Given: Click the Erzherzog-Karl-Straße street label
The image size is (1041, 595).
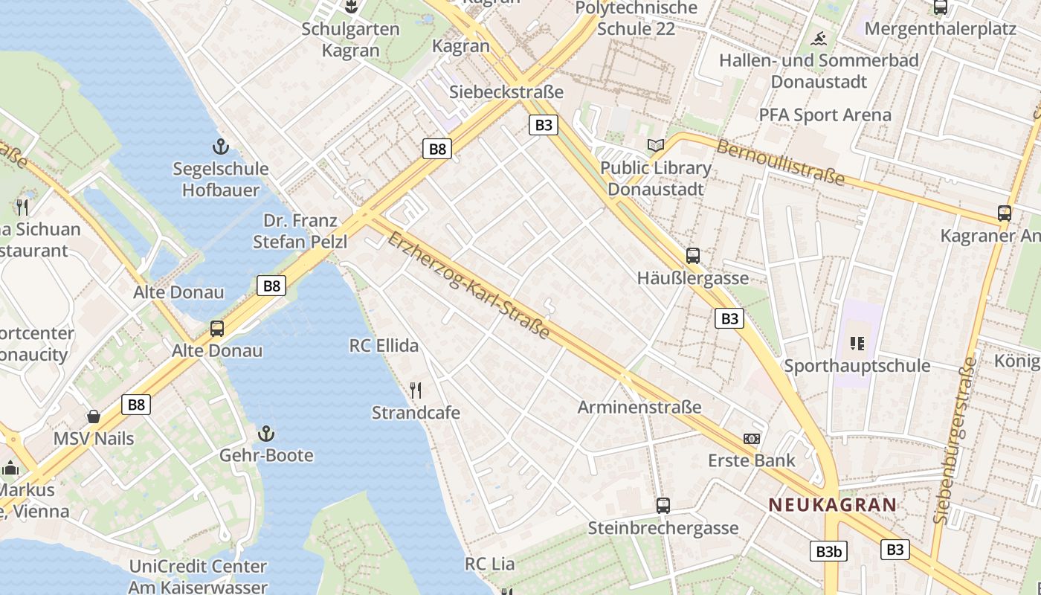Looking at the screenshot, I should [468, 286].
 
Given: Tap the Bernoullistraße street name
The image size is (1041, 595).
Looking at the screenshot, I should [781, 161].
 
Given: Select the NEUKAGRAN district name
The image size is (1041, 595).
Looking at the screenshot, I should [832, 505].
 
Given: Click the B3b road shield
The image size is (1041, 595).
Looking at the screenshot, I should [828, 551].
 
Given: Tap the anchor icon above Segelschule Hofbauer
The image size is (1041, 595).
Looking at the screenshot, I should [220, 146].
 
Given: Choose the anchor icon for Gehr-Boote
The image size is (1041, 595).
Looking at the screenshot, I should [265, 433].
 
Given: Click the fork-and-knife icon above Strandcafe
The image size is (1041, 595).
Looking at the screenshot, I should [416, 390].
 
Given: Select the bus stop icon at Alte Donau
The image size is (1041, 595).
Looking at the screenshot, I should [217, 328].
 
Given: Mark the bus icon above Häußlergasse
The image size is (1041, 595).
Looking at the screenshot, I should [693, 256].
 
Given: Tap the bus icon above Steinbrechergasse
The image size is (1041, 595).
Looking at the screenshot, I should [663, 506].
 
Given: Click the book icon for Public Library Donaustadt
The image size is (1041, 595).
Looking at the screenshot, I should [655, 146].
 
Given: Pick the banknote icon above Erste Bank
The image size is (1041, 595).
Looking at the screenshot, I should [752, 439].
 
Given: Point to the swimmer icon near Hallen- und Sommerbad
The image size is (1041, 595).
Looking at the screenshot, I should [819, 38].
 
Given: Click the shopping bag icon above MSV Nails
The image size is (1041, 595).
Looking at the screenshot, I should [94, 416].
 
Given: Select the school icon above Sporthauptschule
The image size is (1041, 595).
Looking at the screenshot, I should [857, 344].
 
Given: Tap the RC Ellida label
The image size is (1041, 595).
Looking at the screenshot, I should [384, 346].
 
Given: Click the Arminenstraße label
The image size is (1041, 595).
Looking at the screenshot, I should [639, 407].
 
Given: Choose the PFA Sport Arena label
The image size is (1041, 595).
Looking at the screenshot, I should [825, 115].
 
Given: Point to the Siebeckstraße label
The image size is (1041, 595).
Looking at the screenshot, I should [506, 91].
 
